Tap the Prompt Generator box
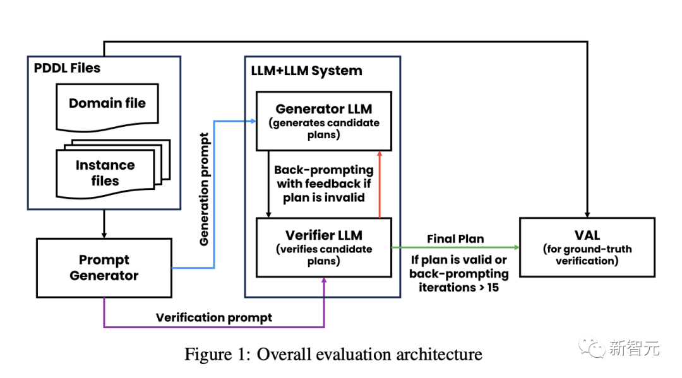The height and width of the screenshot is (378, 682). pyautogui.click(x=104, y=268)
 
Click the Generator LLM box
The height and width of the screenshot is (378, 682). pyautogui.click(x=323, y=121)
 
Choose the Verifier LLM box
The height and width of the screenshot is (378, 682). pyautogui.click(x=323, y=247)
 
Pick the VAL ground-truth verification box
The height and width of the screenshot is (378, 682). pyautogui.click(x=587, y=247)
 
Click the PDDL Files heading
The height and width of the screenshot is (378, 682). pyautogui.click(x=67, y=68)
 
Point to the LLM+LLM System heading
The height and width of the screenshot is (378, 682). pyautogui.click(x=306, y=71)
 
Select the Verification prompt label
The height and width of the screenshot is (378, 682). pyautogui.click(x=214, y=317)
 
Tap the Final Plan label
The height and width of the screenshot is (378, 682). pyautogui.click(x=455, y=239)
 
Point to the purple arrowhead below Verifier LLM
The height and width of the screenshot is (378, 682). pyautogui.click(x=325, y=282)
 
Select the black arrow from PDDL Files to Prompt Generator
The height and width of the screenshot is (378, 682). pyautogui.click(x=104, y=223)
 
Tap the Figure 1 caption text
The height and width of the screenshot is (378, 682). pyautogui.click(x=333, y=354)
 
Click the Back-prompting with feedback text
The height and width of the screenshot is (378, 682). pyautogui.click(x=323, y=184)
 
